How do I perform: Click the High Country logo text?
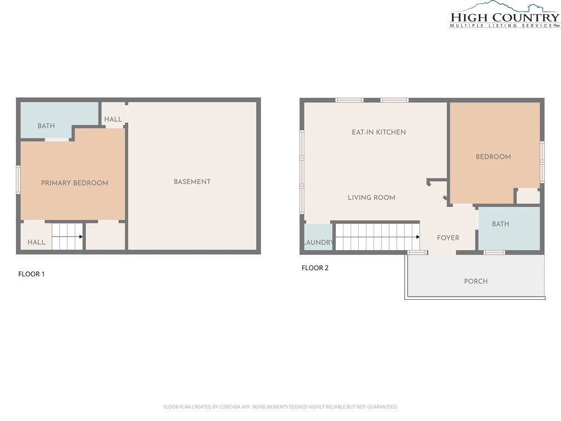pos(505,17)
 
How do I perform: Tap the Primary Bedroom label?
pos(75,183)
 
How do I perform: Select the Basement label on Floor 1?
pos(192,182)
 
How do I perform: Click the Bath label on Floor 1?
pos(46,126)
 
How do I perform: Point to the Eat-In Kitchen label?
pos(379,132)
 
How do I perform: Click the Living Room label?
pos(371,197)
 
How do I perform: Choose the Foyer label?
pos(448,238)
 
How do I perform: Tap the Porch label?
pos(476,281)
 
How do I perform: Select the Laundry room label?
pos(318,242)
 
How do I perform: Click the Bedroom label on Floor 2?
pos(493,157)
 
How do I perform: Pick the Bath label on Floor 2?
pos(500,224)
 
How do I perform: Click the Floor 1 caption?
pos(31,274)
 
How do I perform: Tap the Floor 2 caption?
pos(315,268)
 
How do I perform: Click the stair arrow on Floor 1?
pos(67,237)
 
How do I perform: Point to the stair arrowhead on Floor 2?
pos(418,237)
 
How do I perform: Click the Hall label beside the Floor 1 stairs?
pos(37,242)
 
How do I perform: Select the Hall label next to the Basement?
pos(113,119)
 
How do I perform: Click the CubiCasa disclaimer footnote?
pos(280,407)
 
